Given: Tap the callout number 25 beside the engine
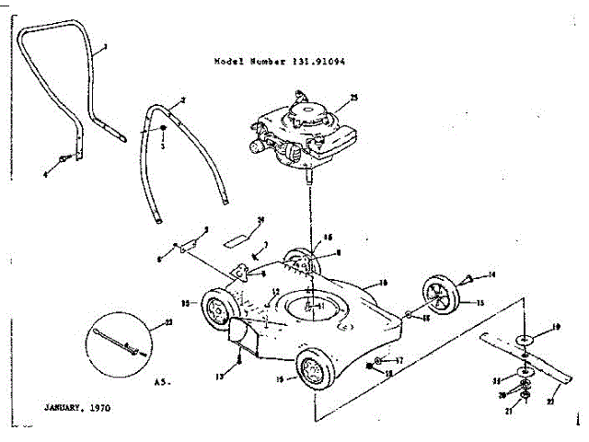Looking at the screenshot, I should [x=353, y=97].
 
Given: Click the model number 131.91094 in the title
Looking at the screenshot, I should [x=326, y=61].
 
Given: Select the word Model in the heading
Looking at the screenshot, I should [x=226, y=61].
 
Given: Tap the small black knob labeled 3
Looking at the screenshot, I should [x=162, y=128].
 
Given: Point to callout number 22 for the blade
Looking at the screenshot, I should [x=552, y=400].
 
